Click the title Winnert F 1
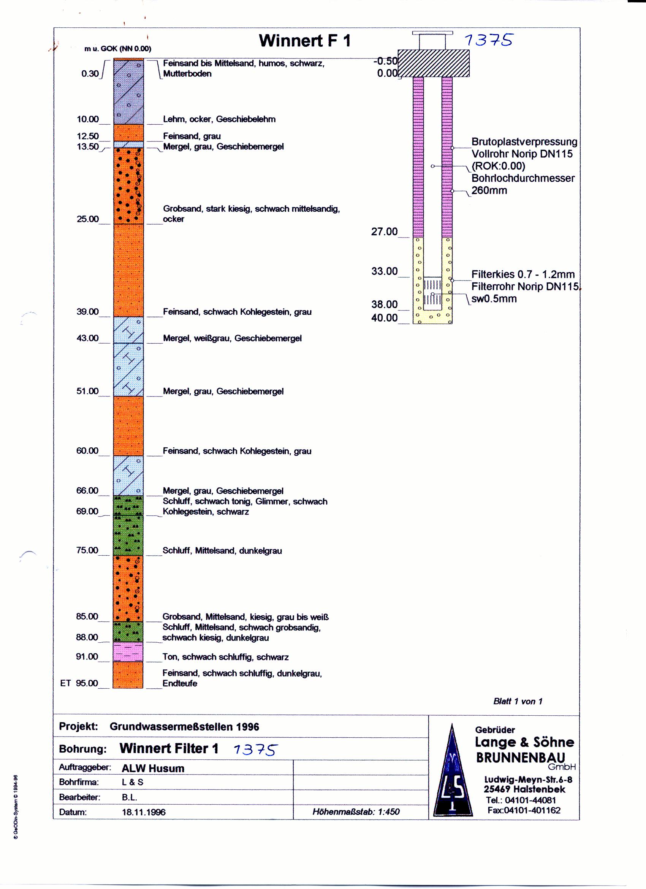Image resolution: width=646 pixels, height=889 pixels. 305,41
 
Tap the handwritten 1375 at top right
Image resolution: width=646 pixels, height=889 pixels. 488,40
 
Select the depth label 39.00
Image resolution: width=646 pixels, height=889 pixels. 87,312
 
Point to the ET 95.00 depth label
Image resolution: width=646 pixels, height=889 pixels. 79,683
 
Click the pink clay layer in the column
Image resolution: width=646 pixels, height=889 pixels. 128,651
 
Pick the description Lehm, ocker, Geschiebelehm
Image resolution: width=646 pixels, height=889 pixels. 219,119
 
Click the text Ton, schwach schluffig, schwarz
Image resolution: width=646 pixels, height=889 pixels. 225,657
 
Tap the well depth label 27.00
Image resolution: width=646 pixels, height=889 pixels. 384,232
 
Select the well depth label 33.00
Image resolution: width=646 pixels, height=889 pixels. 384,271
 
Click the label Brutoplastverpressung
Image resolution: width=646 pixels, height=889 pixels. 524,141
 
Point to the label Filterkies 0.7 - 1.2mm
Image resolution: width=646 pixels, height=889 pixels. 523,274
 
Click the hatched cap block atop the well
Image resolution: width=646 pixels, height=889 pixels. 434,63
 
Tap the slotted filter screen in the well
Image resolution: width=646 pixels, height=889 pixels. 433,291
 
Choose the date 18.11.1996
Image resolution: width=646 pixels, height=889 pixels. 144,812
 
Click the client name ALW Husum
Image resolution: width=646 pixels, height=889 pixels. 153,768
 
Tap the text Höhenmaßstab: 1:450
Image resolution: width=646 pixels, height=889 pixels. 356,812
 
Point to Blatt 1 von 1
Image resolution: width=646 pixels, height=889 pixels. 518,701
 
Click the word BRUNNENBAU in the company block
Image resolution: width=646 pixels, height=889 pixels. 521,757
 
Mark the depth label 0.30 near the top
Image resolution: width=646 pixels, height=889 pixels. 90,74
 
